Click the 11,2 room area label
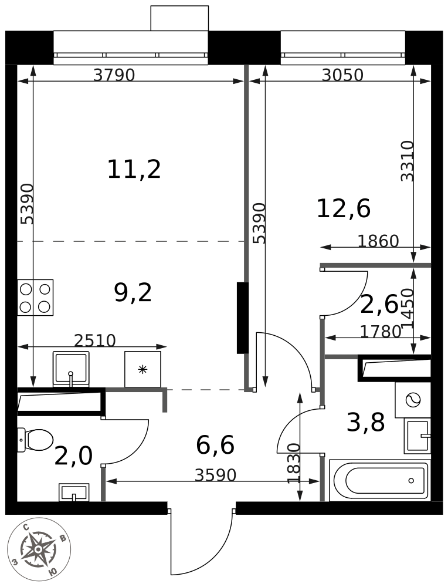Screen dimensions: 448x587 (134, 169)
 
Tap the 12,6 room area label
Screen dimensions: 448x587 (343, 209)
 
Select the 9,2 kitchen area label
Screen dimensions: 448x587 (133, 293)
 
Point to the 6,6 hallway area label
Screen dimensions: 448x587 (215, 445)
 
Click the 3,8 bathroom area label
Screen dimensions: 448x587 (366, 423)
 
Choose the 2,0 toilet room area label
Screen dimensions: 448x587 (73, 456)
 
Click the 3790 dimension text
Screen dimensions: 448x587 (114, 76)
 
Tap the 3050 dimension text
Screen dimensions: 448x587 (342, 76)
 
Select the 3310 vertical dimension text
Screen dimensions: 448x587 (408, 161)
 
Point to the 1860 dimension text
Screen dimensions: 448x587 (378, 241)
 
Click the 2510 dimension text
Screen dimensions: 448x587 (95, 340)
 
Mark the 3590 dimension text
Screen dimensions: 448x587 (215, 475)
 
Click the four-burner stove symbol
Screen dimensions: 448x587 (35, 297)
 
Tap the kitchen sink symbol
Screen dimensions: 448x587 (71, 369)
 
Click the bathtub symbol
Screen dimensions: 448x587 (379, 481)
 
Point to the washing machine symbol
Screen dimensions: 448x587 (413, 400)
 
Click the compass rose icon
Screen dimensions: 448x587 (39, 549)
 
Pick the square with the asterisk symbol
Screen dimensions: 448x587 (142, 369)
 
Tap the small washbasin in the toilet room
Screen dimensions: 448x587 (74, 492)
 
